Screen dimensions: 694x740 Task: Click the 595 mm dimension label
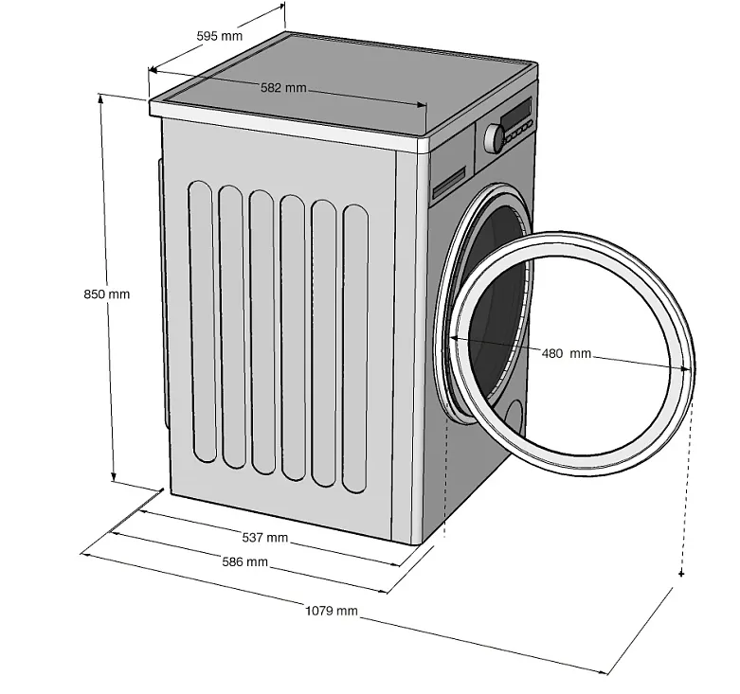(x=219, y=36)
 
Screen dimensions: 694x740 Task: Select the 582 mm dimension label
(x=283, y=88)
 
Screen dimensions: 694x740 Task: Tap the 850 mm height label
(x=106, y=294)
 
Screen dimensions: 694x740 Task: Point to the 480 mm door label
(x=566, y=353)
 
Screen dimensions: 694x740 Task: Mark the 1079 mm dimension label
(x=332, y=611)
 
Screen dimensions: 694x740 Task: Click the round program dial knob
(x=495, y=138)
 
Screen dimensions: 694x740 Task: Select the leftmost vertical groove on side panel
(x=201, y=321)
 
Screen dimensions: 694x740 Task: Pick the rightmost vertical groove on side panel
(x=355, y=347)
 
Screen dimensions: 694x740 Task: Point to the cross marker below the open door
(x=681, y=574)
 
